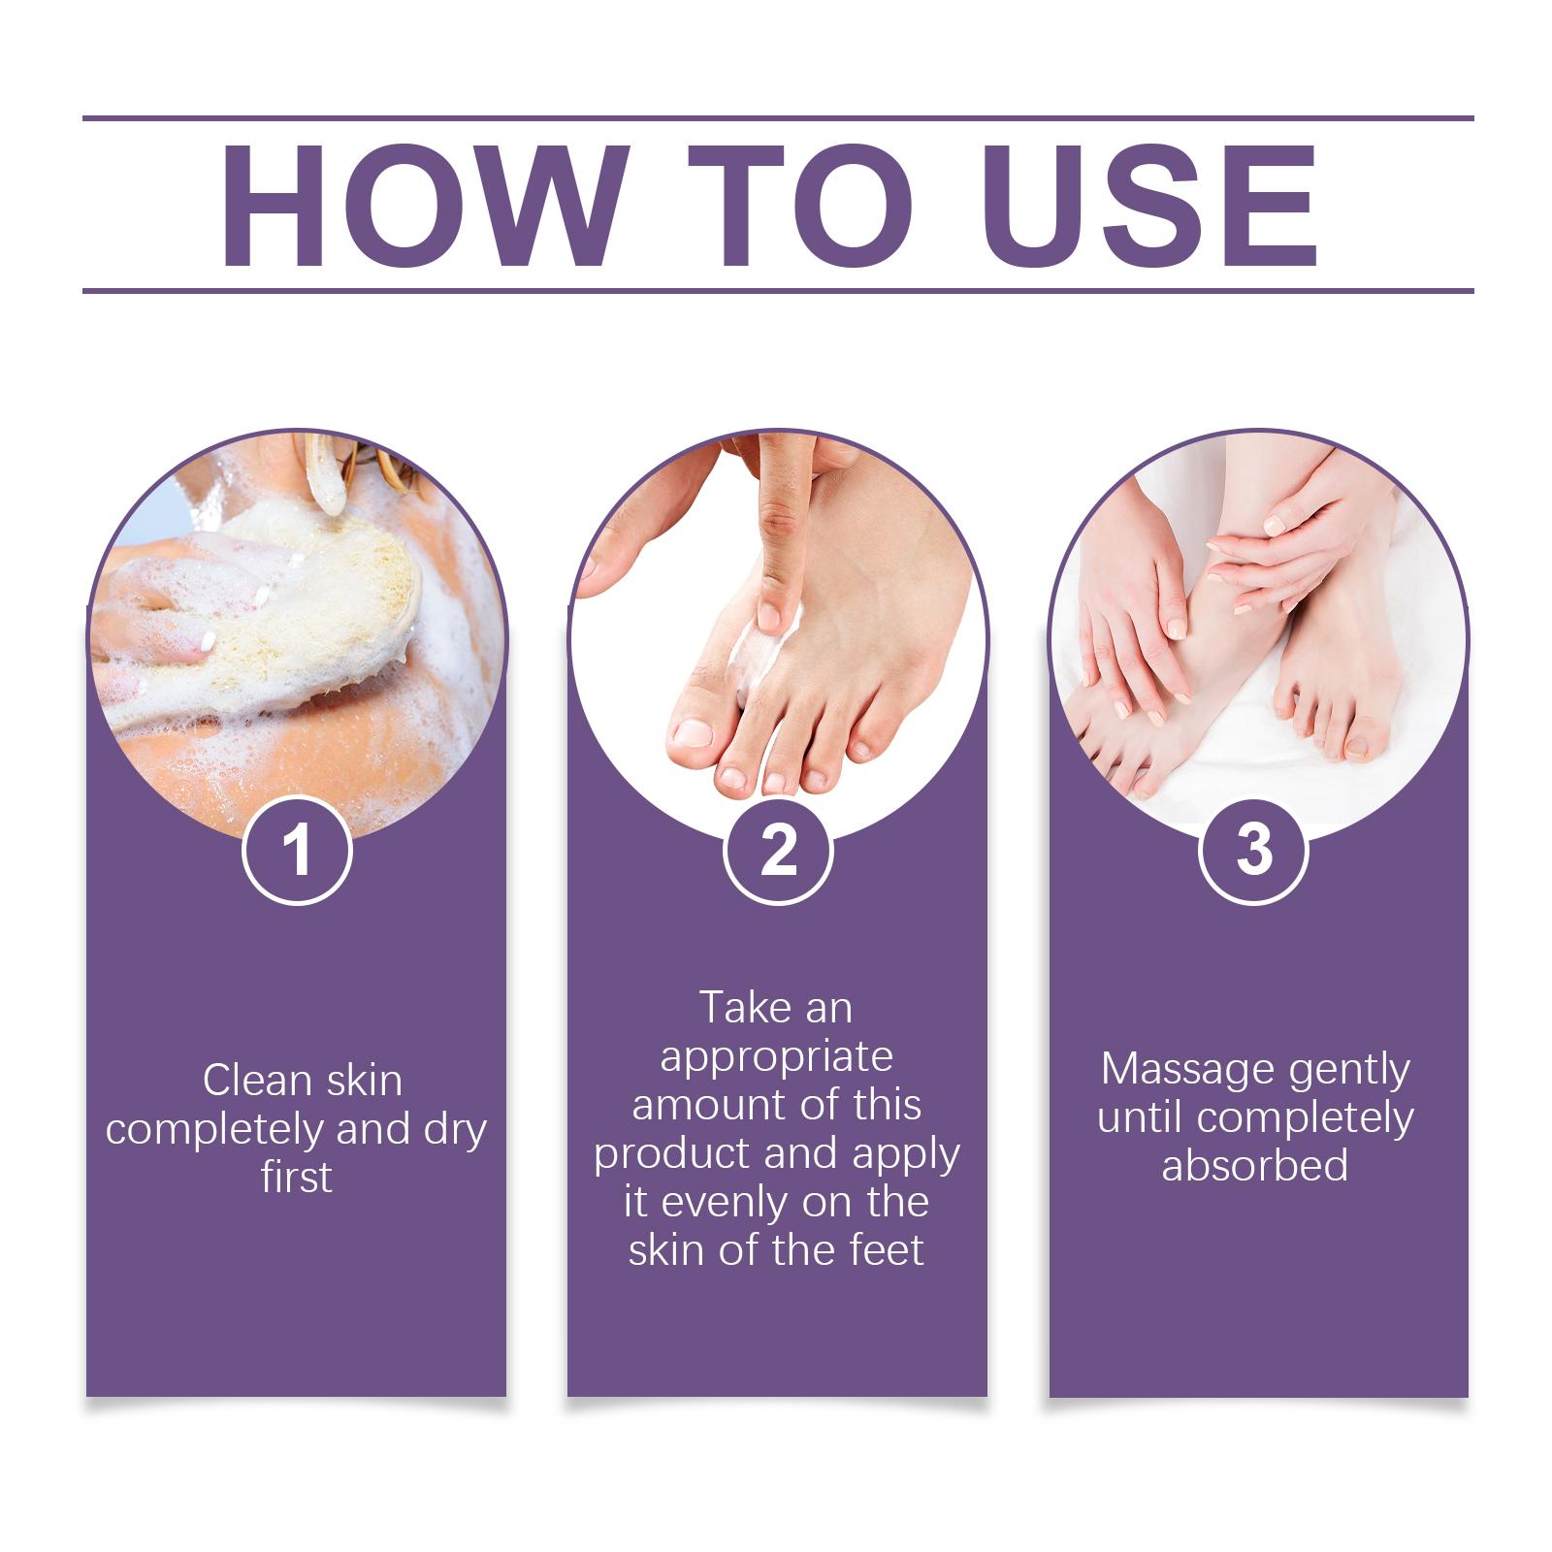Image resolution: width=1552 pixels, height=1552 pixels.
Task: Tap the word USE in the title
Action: tap(1154, 206)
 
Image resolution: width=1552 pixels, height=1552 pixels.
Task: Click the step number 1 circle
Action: tap(297, 850)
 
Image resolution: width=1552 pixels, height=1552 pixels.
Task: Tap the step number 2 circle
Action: tap(778, 850)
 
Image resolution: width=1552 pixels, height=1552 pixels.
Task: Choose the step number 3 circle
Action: tap(1254, 850)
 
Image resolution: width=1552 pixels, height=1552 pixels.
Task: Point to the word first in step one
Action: tap(296, 1177)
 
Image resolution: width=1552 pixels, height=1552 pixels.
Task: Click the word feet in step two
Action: tap(887, 1249)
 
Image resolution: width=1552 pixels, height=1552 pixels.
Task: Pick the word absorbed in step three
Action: tap(1254, 1165)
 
